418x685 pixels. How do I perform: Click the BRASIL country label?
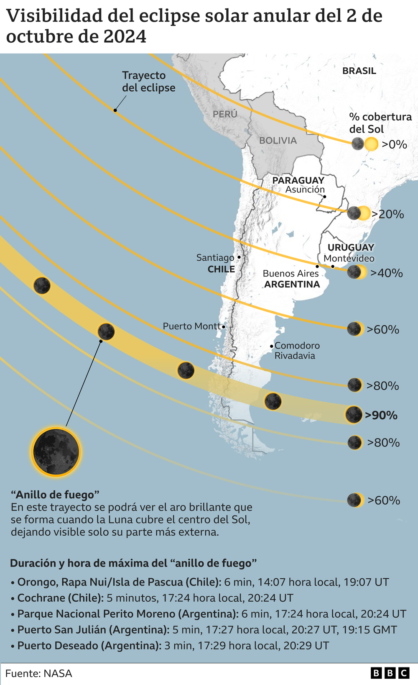click(359, 71)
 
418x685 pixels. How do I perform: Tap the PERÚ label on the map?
click(225, 114)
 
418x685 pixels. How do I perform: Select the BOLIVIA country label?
click(278, 141)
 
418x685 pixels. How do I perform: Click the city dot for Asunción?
click(324, 196)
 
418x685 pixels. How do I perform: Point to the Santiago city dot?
click(239, 257)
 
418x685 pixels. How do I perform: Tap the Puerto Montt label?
click(191, 326)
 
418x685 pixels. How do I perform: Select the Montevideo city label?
click(349, 258)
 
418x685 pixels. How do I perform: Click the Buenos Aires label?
click(291, 273)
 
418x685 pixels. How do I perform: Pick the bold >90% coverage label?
click(381, 415)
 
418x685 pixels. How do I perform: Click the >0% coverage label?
click(394, 144)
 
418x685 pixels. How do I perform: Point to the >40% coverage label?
click(387, 273)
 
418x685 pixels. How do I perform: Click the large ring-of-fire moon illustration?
click(56, 452)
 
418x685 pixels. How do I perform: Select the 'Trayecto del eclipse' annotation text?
click(148, 82)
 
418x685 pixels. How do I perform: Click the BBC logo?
click(390, 673)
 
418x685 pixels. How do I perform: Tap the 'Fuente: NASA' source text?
click(38, 673)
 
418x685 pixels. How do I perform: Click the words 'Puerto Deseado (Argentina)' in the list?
click(89, 645)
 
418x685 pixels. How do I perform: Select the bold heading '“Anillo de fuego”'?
click(55, 495)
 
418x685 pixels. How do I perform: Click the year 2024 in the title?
click(125, 37)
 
